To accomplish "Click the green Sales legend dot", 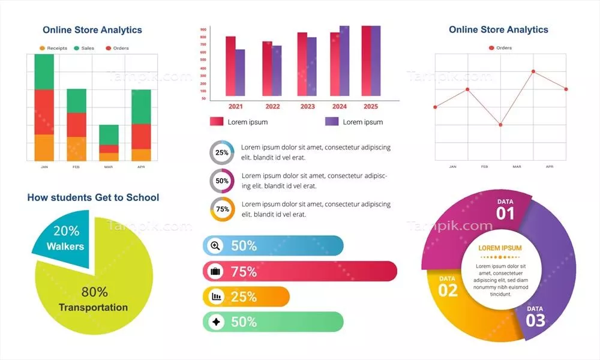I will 76,48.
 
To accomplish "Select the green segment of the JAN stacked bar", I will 44,71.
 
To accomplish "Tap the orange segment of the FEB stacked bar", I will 76,148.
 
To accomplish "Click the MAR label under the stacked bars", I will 108,167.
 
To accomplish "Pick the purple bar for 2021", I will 240,72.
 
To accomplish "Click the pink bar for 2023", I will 302,64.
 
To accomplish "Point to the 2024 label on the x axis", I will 340,107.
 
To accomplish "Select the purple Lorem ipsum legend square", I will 332,122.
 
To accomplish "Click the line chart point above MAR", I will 500,125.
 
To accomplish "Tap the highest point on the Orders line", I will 533,71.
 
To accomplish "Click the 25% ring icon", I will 222,152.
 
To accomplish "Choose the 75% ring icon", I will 222,209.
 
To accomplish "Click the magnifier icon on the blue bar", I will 215,245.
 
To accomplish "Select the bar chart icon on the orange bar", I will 215,296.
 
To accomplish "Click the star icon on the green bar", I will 215,322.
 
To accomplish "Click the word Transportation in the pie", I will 93,307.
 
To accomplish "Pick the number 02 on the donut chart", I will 448,290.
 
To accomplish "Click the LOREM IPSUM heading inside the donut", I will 500,248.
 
